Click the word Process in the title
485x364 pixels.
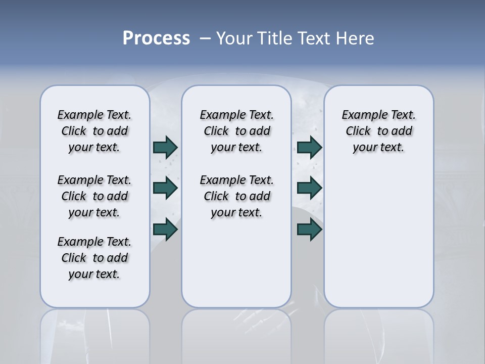coord(156,38)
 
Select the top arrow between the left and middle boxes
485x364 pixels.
coord(165,147)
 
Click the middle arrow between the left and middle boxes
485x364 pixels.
coord(165,188)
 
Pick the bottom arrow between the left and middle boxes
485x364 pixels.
coord(165,230)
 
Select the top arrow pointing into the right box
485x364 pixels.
coord(309,147)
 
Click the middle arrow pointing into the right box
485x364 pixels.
coord(309,188)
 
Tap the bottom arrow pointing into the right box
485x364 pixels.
coord(309,230)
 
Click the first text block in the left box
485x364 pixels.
coord(94,131)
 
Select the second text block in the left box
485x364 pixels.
coord(94,196)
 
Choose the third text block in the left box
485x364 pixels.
coord(94,258)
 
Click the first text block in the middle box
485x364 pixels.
coord(236,131)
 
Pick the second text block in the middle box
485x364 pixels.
coord(236,196)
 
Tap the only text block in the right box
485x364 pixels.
coord(378,131)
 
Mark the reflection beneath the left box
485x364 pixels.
coord(94,334)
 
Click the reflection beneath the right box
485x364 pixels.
coord(378,334)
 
